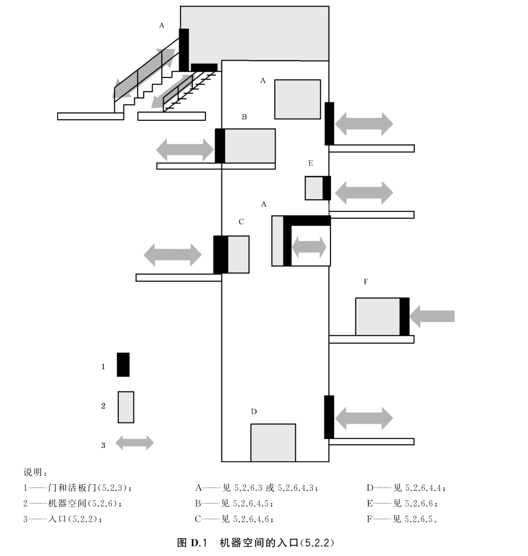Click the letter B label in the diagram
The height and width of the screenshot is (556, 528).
[244, 117]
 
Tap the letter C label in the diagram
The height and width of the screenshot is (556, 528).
[241, 222]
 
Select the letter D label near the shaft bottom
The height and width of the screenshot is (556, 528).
[254, 412]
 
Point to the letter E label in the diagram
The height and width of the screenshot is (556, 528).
[311, 163]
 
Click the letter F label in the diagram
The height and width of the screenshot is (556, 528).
[366, 281]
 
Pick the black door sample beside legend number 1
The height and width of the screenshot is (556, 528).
[123, 364]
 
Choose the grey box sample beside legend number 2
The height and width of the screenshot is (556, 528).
[126, 407]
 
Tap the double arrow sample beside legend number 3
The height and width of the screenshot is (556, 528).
[135, 442]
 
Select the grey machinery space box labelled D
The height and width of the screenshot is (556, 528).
[273, 442]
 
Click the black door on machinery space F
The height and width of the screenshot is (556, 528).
[404, 316]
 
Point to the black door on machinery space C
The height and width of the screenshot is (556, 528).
[220, 254]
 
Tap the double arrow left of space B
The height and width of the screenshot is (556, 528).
[185, 150]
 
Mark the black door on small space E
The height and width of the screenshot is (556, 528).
[326, 188]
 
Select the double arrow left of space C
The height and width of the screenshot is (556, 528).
[172, 254]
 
